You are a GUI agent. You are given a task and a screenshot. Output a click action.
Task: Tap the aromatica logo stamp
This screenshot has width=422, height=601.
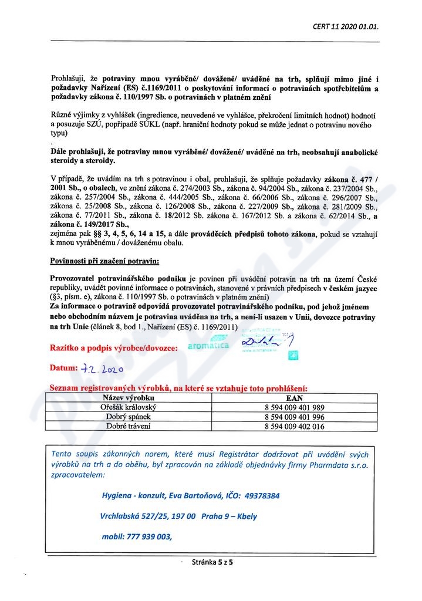tap(208, 346)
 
